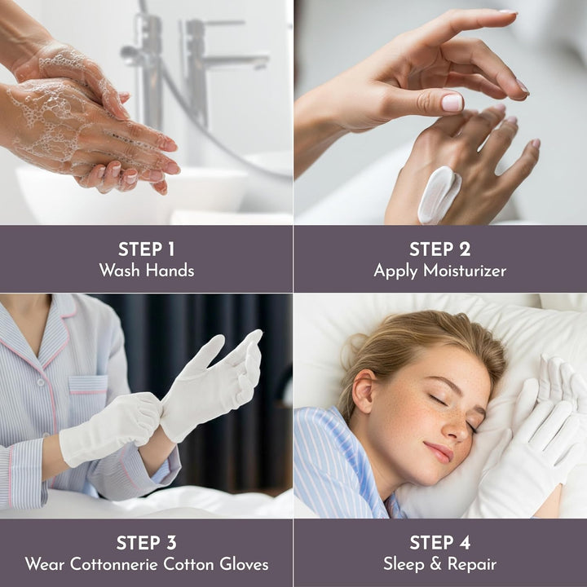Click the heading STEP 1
click(x=146, y=249)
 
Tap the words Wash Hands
click(x=146, y=271)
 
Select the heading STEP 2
click(x=439, y=249)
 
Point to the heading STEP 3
click(x=146, y=543)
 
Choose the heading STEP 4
click(x=439, y=543)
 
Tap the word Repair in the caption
click(x=472, y=564)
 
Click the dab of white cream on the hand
click(x=439, y=194)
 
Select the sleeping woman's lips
click(x=441, y=450)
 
